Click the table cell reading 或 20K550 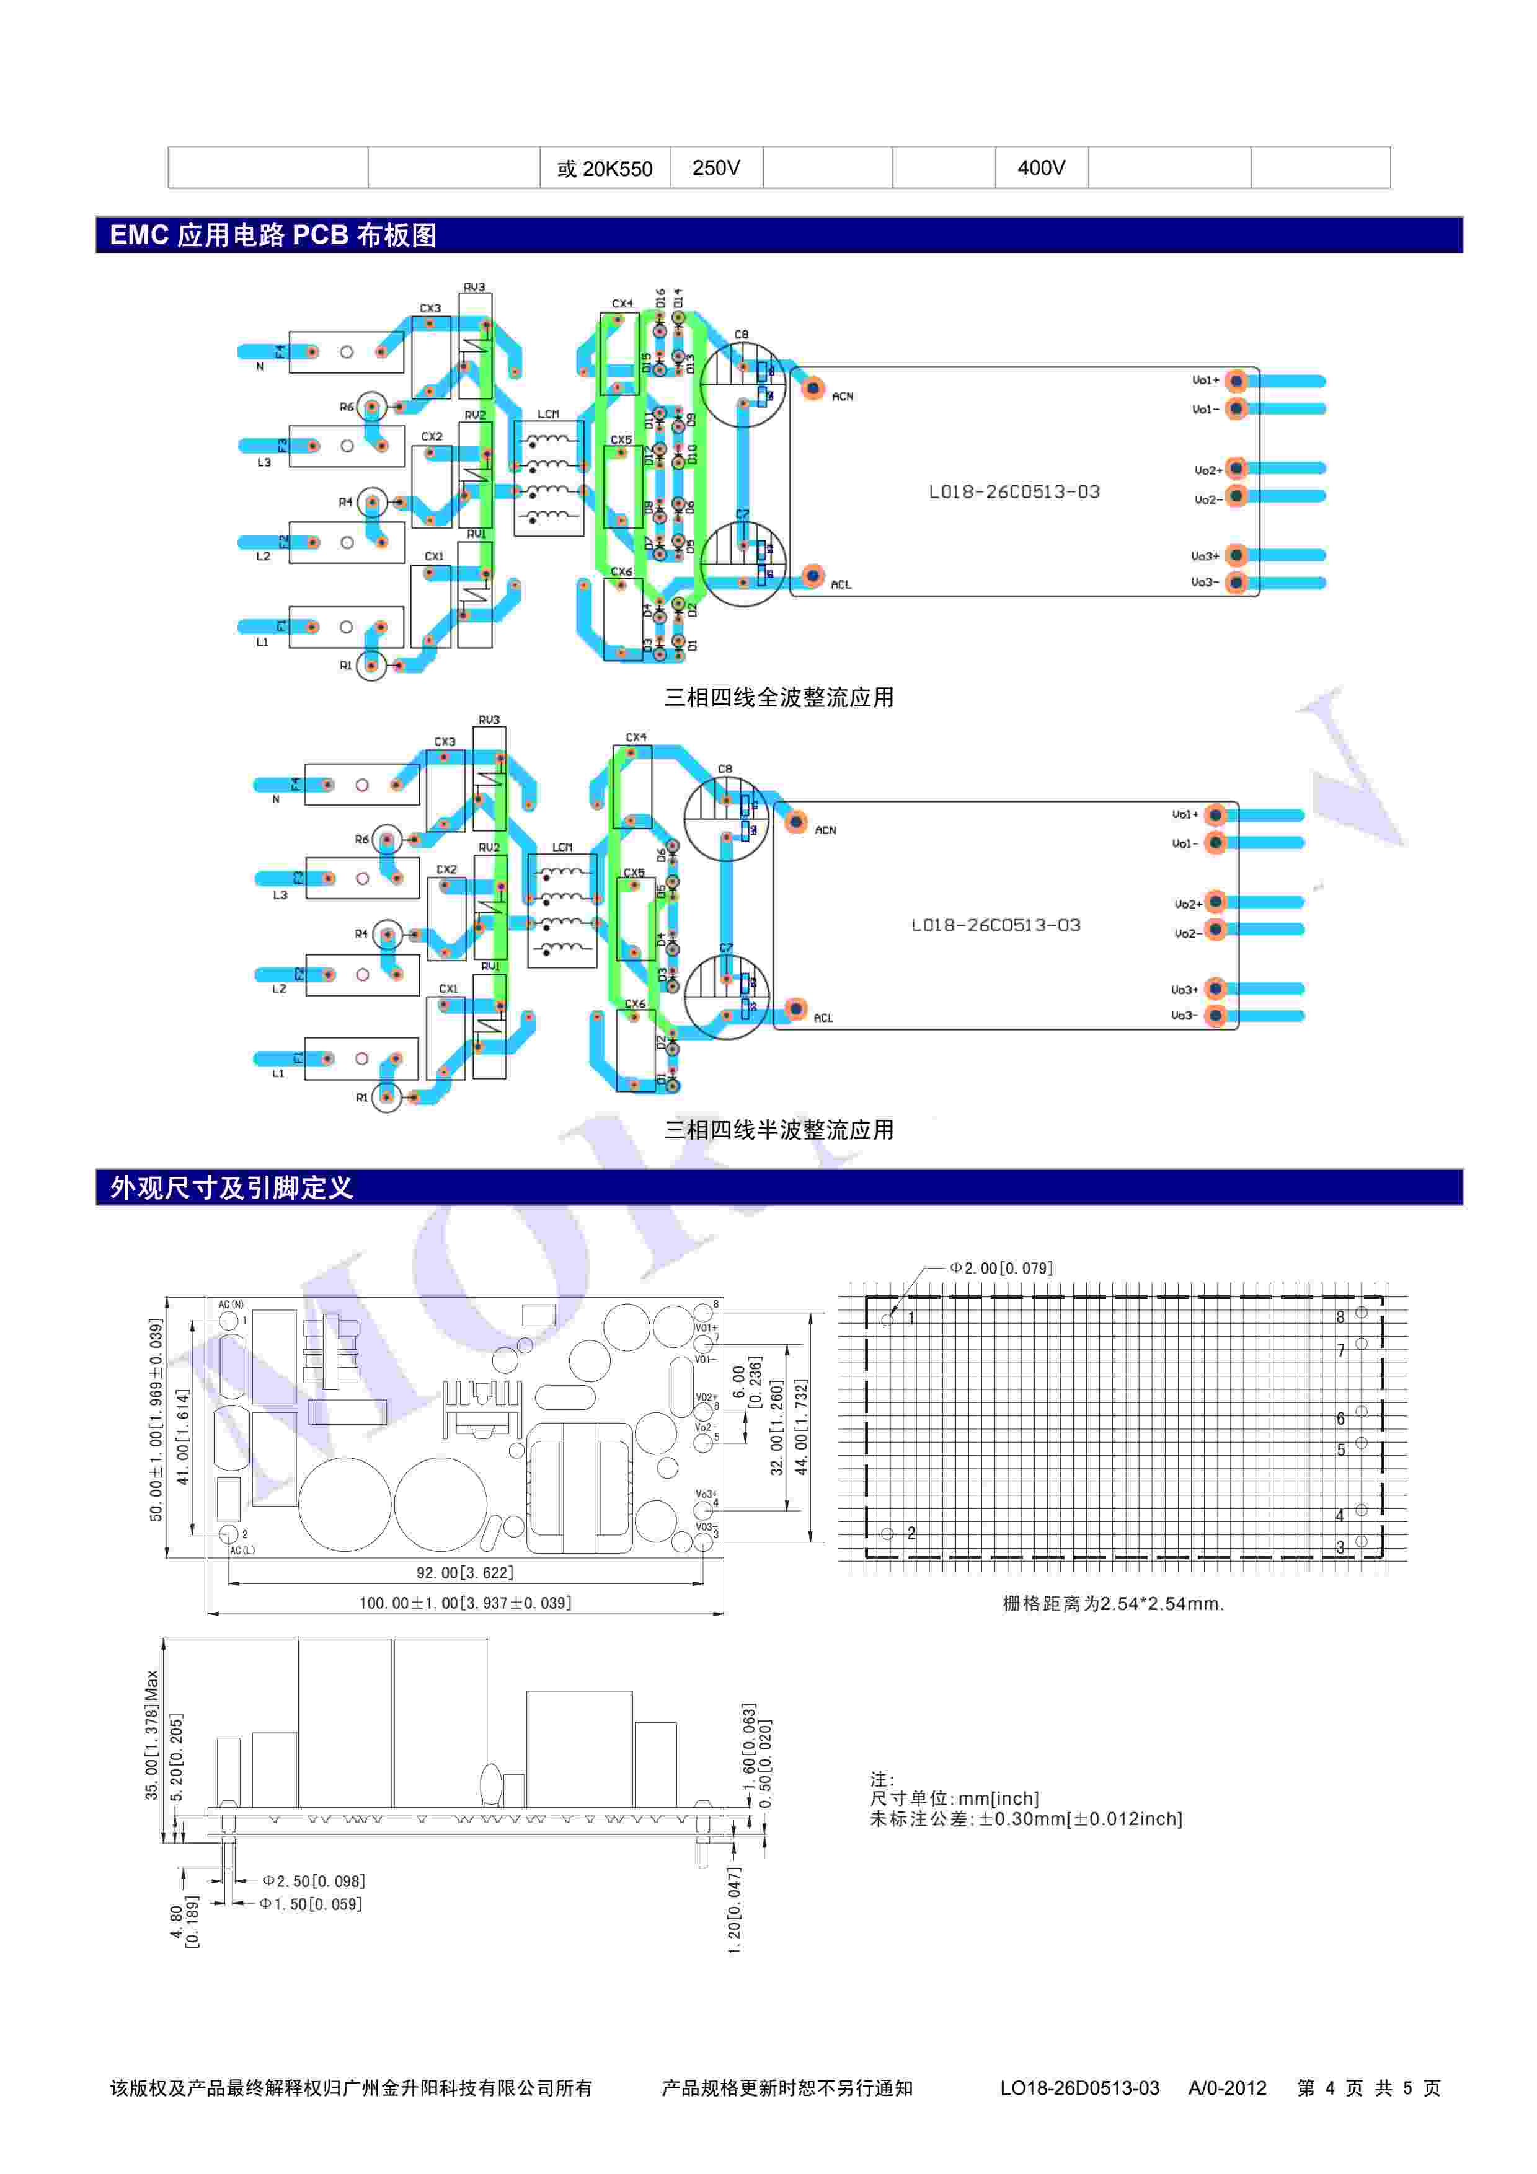(604, 169)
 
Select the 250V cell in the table (716, 167)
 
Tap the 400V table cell (1041, 167)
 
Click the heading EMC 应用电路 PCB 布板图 (273, 235)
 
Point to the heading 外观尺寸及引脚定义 (231, 1187)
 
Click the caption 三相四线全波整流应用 (779, 698)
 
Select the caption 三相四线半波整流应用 (779, 1130)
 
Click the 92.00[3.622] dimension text (464, 1573)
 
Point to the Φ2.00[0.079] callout (1002, 1268)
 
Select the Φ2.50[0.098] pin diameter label (314, 1881)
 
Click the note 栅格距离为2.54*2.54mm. (1113, 1604)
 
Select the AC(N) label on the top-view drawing (231, 1305)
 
